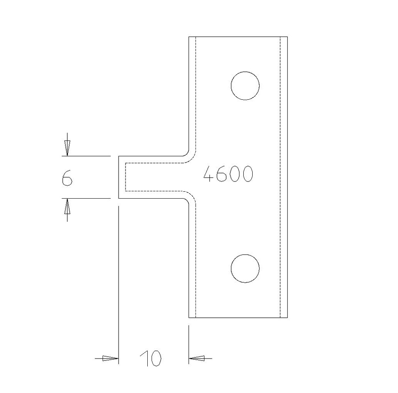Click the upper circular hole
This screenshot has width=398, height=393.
coord(245,86)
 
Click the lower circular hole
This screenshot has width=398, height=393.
coord(245,268)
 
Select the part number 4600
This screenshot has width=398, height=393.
coord(229,174)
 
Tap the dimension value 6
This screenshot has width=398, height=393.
coord(67,178)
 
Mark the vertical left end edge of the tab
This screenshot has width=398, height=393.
coord(119,177)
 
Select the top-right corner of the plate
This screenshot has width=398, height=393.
coord(287,37)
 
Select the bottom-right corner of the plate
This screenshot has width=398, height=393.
coord(287,318)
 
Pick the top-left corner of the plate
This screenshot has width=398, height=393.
coord(189,37)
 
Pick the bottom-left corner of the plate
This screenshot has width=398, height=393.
coord(189,318)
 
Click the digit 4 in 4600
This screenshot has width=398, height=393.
coord(210,174)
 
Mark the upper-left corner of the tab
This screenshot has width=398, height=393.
coord(119,156)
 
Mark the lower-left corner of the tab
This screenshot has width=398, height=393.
coord(119,198)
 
